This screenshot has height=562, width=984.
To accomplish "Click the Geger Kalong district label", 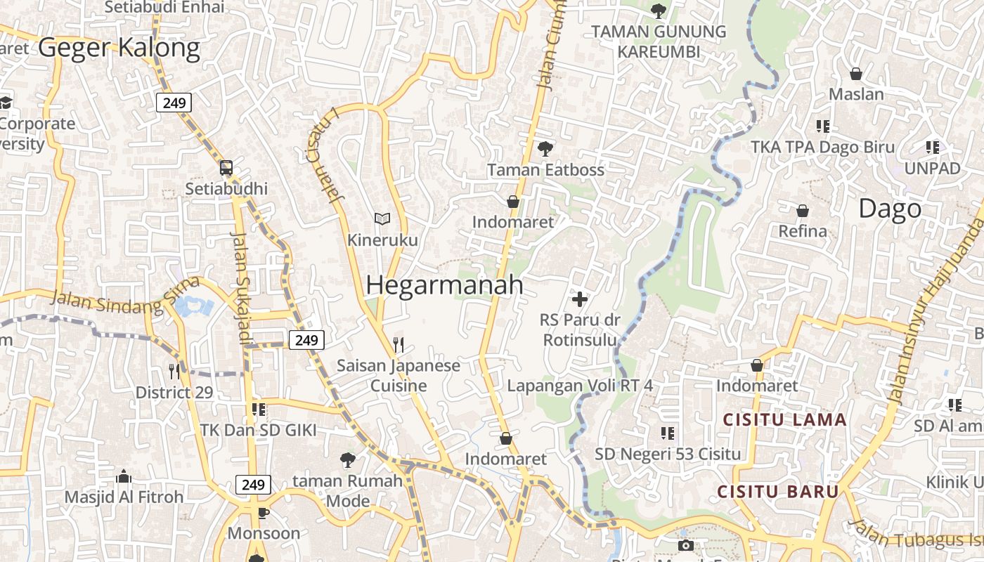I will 119,48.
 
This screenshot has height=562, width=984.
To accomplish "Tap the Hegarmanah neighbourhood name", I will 444,285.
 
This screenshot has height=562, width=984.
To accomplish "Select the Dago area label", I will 890,209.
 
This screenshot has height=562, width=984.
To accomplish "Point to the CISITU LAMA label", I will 785,420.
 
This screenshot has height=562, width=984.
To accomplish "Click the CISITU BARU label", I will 778,491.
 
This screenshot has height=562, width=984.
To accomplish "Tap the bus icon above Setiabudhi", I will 226,168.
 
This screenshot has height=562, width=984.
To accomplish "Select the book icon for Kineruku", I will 382,219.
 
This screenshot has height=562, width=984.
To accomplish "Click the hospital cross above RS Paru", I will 580,300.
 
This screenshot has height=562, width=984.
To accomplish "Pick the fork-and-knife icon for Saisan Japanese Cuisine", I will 399,344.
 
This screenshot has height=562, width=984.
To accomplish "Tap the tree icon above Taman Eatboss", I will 545,148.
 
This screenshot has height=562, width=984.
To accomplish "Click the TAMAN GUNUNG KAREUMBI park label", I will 659,41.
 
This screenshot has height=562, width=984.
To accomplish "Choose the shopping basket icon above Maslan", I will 856,74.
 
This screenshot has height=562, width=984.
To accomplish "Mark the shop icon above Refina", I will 802,211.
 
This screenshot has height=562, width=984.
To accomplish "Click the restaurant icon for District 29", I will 174,370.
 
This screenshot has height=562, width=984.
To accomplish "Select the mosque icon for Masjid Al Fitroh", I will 124,476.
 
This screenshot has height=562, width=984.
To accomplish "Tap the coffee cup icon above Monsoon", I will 264,513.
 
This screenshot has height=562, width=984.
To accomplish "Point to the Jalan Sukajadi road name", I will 241,288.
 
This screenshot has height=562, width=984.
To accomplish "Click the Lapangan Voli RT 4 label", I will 580,386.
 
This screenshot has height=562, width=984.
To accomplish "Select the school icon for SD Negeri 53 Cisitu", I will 667,433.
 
